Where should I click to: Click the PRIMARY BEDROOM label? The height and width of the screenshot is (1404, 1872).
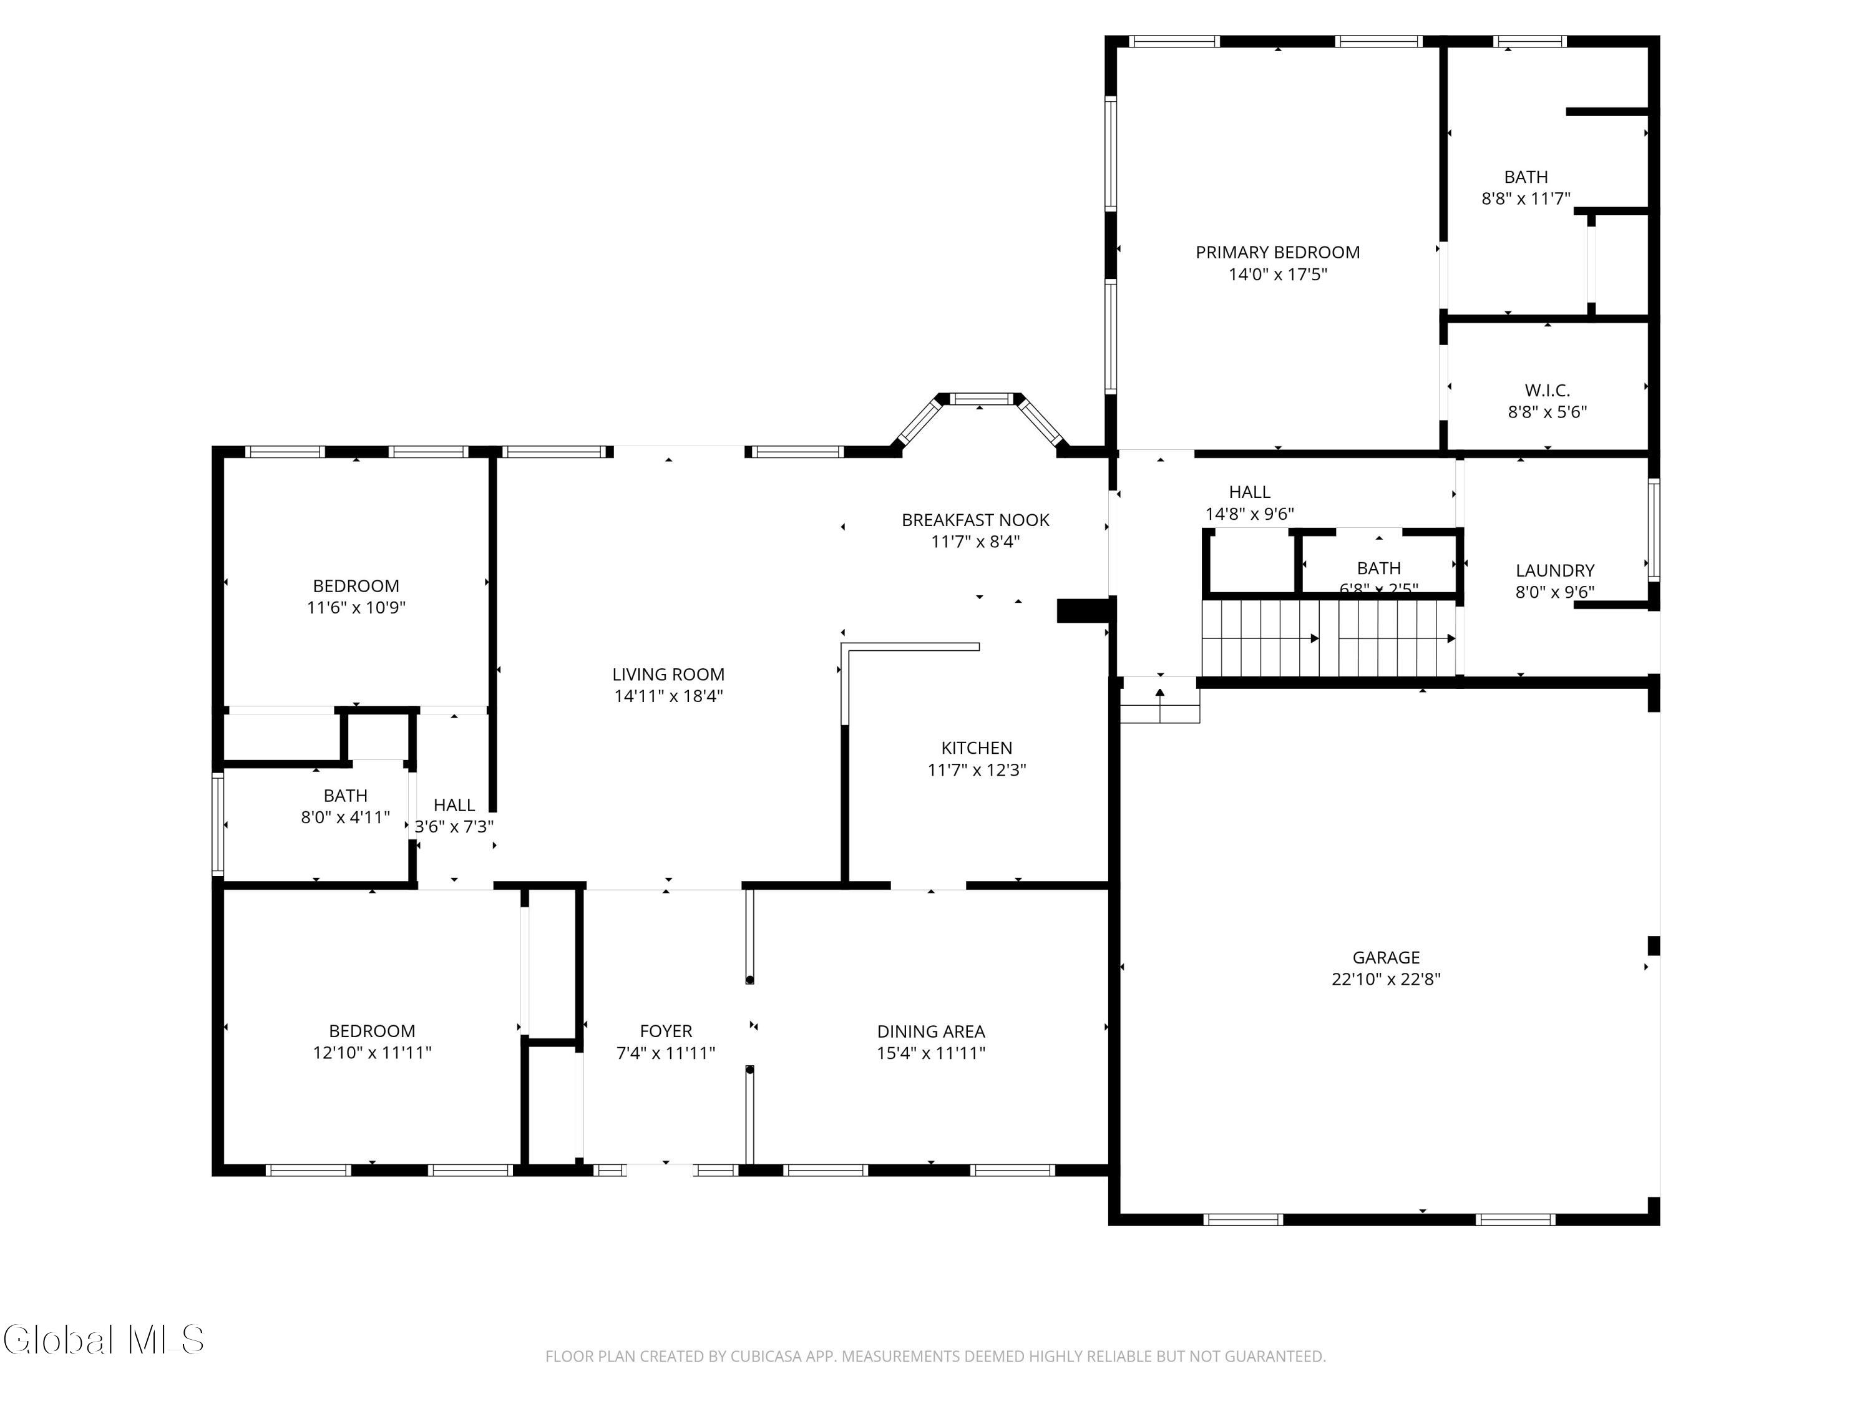pyautogui.click(x=1277, y=252)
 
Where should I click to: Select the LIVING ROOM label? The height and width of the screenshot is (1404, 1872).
pyautogui.click(x=668, y=675)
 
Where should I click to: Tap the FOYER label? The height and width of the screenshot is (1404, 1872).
pyautogui.click(x=665, y=1031)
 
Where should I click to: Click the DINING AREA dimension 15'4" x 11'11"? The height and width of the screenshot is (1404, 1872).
pyautogui.click(x=931, y=1053)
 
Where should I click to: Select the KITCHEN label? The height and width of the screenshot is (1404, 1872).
pyautogui.click(x=977, y=748)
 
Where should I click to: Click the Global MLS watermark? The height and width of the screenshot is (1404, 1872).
pyautogui.click(x=103, y=1340)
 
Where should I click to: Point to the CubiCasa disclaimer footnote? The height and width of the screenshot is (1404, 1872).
pyautogui.click(x=935, y=1357)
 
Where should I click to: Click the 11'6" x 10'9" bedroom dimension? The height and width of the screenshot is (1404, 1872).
pyautogui.click(x=356, y=608)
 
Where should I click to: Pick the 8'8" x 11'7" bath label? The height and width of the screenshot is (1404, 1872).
pyautogui.click(x=1525, y=177)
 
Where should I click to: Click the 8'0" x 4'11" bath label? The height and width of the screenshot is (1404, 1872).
pyautogui.click(x=345, y=796)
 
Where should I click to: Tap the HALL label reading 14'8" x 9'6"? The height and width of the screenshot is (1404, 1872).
pyautogui.click(x=1249, y=492)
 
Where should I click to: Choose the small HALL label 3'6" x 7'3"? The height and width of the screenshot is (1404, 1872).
pyautogui.click(x=454, y=805)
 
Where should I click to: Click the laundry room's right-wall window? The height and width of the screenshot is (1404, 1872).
pyautogui.click(x=1654, y=529)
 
